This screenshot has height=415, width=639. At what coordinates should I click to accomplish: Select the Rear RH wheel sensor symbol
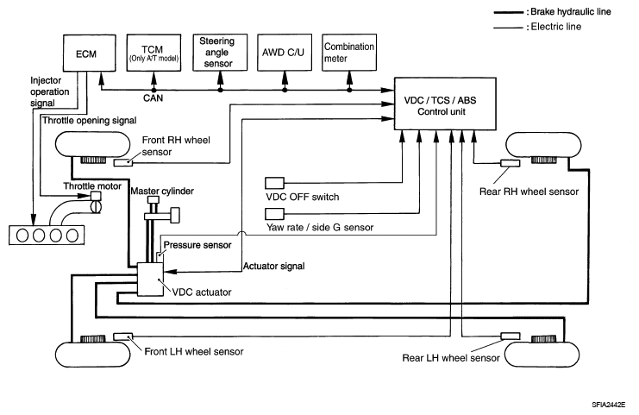point(509,162)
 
